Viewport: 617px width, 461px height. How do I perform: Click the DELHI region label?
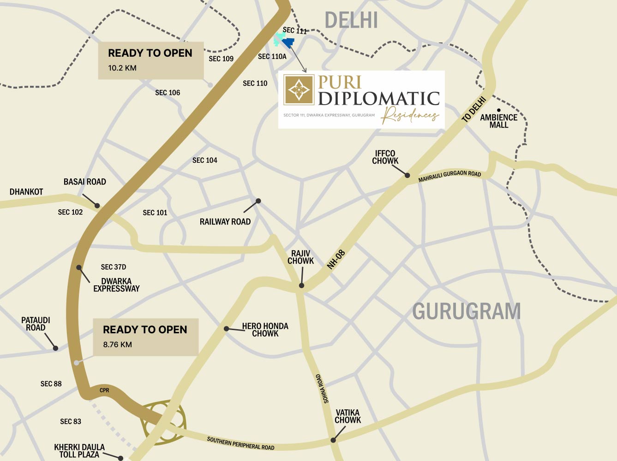point(351,20)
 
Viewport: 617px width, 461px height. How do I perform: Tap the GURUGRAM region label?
point(466,312)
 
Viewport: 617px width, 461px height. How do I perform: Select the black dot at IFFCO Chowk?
point(407,175)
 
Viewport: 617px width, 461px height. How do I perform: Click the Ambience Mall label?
point(498,121)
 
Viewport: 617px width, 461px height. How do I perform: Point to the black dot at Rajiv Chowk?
point(301,286)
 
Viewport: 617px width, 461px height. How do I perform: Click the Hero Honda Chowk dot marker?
point(227,329)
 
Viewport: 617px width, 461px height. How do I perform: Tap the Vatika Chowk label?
point(347,416)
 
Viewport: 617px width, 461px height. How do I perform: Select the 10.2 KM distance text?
point(122,68)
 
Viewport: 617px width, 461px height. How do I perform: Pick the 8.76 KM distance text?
point(117,344)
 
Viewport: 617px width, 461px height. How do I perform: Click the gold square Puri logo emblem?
point(299,89)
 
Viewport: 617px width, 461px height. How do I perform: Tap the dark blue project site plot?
point(288,43)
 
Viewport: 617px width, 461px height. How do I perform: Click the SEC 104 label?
point(204,160)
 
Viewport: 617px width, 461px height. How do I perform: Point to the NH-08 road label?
point(336,260)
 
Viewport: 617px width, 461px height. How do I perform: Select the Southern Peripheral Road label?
point(240,443)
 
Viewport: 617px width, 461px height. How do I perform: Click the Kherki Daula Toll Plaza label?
point(79,451)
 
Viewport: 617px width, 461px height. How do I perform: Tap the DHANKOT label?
point(26,192)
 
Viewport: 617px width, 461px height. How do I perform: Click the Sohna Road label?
point(322,389)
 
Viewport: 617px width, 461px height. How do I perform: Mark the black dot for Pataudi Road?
point(55,348)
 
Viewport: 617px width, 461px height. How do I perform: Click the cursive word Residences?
point(410,115)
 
